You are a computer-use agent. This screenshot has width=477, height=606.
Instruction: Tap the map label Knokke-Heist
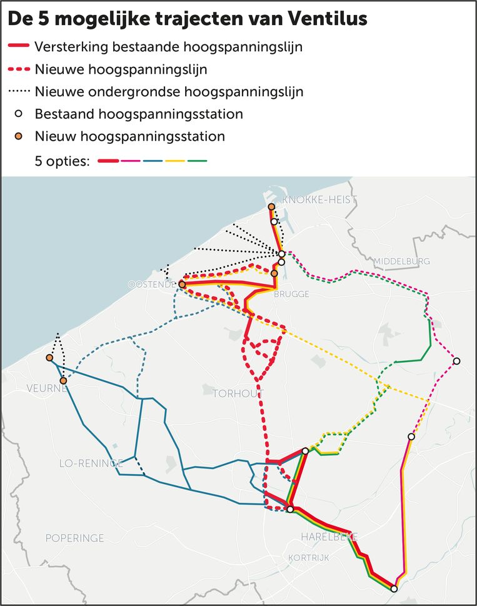click(x=319, y=199)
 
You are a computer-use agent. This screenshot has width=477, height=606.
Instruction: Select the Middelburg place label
click(x=401, y=261)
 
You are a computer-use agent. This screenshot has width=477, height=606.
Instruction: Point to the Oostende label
click(x=151, y=285)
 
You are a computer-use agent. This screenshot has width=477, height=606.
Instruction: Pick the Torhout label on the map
click(x=238, y=393)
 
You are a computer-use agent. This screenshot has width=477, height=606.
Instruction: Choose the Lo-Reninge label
click(x=91, y=463)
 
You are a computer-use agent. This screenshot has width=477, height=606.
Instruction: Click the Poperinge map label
click(x=74, y=538)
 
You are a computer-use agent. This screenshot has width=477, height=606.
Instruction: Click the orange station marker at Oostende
click(x=182, y=285)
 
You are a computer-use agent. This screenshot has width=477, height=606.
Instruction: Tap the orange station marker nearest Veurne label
click(x=63, y=380)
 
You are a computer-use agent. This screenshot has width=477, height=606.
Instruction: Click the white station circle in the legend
click(x=19, y=114)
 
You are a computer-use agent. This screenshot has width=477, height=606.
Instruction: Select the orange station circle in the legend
click(x=19, y=136)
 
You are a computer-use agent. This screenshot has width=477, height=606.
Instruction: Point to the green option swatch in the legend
click(x=197, y=161)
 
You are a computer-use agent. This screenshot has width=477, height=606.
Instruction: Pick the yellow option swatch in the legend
click(x=175, y=161)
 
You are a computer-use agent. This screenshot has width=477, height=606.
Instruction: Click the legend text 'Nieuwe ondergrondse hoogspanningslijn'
click(x=169, y=91)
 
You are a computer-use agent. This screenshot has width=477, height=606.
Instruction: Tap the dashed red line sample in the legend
click(x=19, y=69)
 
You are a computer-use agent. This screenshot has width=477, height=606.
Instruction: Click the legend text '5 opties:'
click(x=63, y=161)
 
